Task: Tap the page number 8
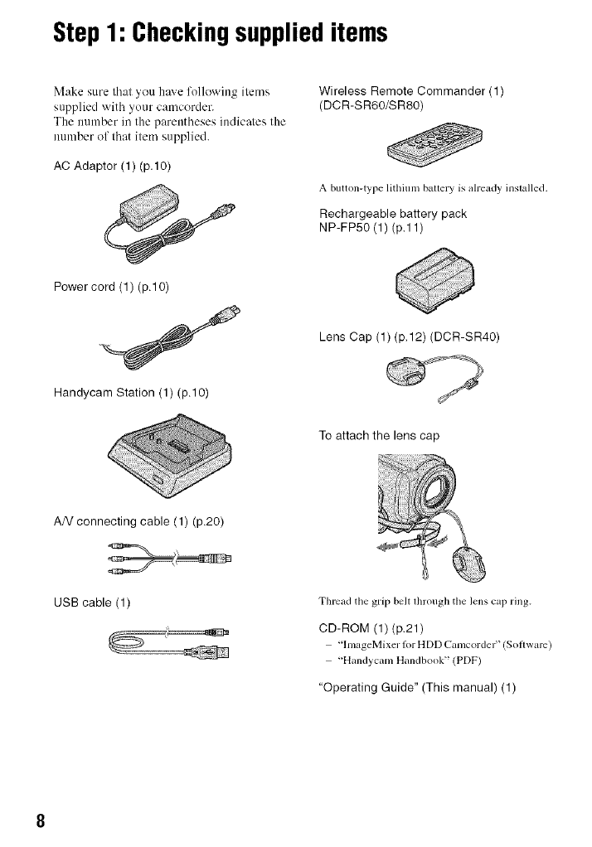click(40, 820)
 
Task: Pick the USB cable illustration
click(169, 642)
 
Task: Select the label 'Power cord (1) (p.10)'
click(111, 286)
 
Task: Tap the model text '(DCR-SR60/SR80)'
click(371, 104)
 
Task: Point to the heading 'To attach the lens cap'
click(379, 435)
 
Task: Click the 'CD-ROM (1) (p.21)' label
click(371, 627)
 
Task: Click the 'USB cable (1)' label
click(92, 603)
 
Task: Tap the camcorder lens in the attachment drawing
click(438, 490)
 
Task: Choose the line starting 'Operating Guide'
click(417, 688)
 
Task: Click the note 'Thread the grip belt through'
click(425, 601)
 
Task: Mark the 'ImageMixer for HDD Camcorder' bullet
click(439, 645)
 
